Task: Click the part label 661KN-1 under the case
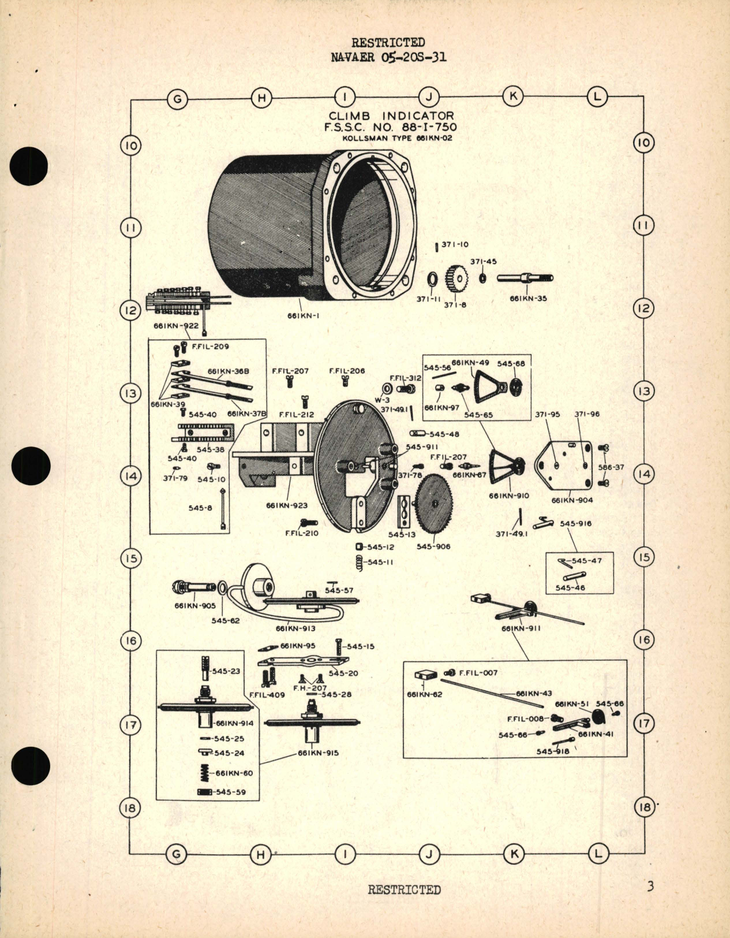point(304,316)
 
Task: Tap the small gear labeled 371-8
point(456,280)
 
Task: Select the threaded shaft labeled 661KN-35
point(525,278)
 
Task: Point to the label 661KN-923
point(287,505)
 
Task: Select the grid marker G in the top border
point(178,99)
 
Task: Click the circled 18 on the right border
point(644,807)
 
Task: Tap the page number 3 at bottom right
point(650,885)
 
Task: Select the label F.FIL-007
point(478,673)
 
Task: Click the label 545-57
point(339,590)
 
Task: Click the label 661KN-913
point(295,628)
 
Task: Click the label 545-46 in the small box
point(570,588)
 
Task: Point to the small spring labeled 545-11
point(359,562)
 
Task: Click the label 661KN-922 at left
point(175,326)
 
